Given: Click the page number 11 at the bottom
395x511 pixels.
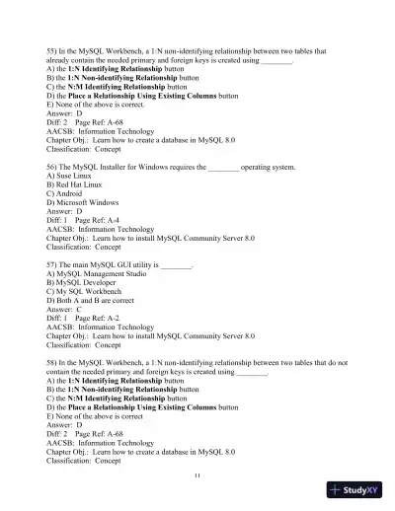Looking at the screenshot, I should [x=197, y=474].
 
